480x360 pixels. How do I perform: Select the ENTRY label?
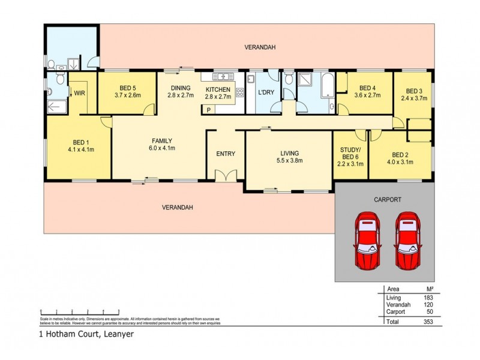226,154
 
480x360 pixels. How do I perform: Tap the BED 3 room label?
413,94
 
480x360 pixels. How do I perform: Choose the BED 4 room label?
367,91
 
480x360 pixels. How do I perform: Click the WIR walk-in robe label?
79,93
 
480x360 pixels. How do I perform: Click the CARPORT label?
387,199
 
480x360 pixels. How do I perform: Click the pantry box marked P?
209,110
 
